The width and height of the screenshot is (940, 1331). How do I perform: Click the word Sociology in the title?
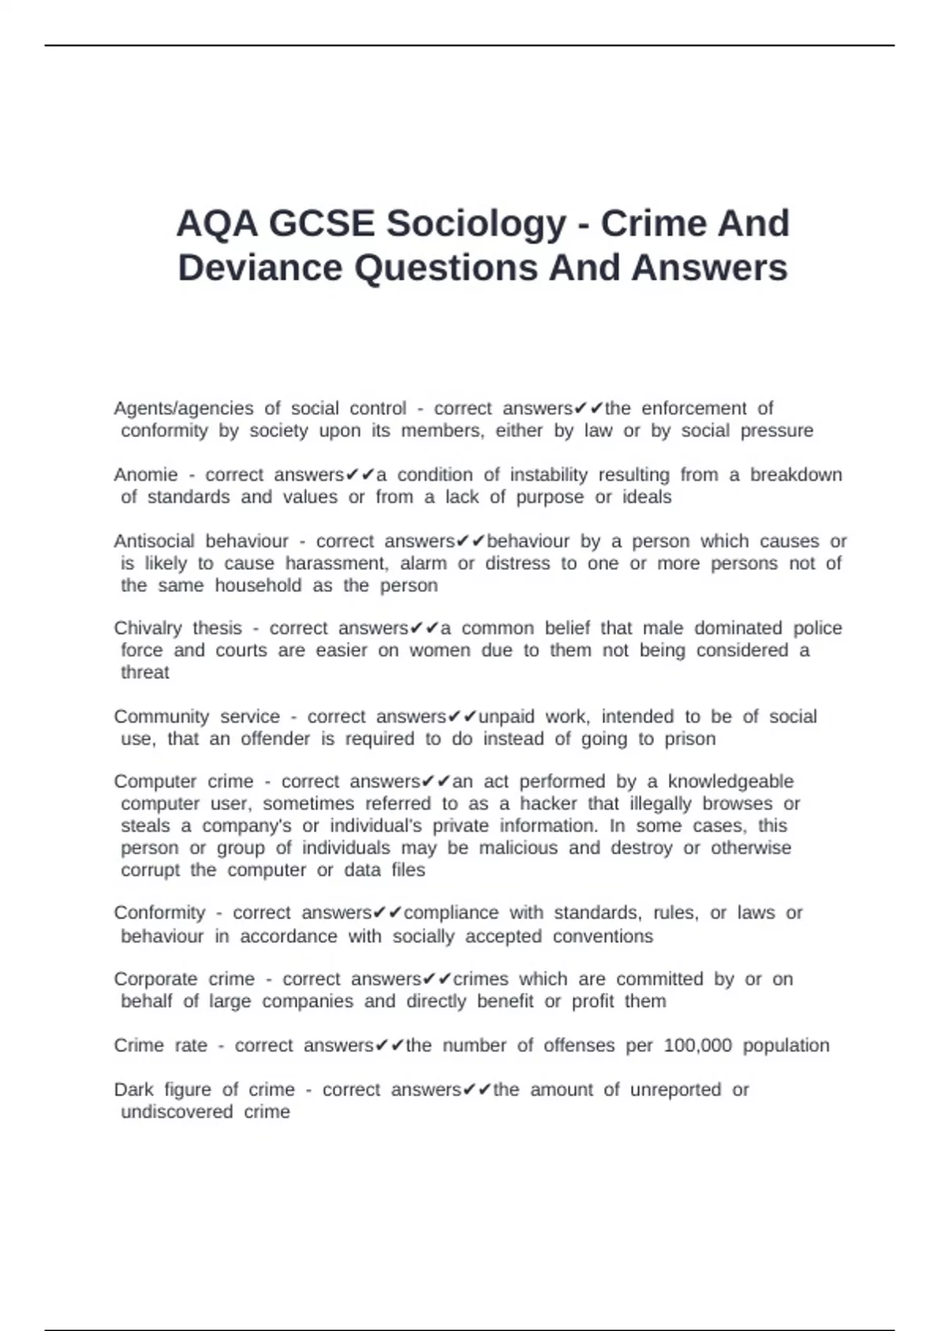(475, 224)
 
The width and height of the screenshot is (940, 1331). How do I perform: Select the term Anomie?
(146, 475)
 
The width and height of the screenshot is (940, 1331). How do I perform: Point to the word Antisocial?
(154, 541)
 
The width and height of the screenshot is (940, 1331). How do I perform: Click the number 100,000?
(697, 1046)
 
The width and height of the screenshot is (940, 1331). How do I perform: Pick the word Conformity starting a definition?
(159, 913)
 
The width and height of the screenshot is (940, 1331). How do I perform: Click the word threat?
(145, 673)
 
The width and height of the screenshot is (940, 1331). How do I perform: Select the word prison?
(689, 739)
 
